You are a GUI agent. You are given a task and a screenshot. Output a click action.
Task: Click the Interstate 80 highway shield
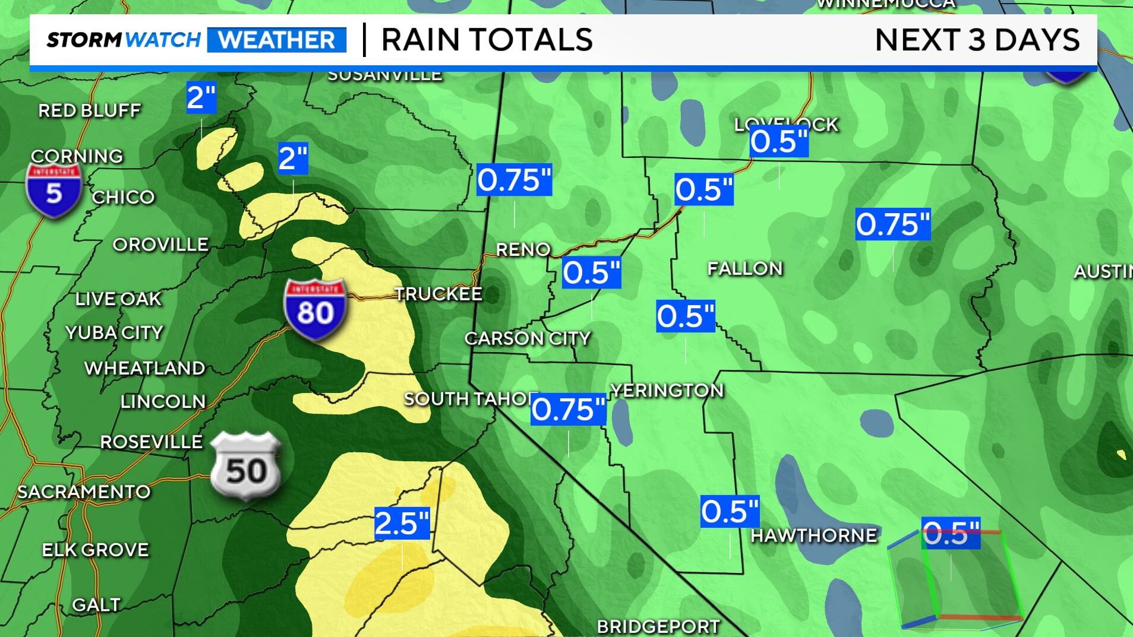coord(315,309)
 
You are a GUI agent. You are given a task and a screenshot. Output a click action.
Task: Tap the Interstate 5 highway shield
coord(53,190)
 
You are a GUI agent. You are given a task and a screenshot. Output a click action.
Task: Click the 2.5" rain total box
coord(402,523)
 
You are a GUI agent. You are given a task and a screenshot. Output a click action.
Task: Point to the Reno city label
coord(523,249)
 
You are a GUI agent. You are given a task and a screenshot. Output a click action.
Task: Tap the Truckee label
coord(438,294)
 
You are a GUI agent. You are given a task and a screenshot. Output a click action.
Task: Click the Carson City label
coord(528,338)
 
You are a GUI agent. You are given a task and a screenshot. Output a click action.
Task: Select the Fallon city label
coord(745,268)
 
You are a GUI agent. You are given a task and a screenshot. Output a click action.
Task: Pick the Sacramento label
coord(84,492)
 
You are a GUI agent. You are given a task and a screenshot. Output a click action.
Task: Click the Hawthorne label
coord(814,535)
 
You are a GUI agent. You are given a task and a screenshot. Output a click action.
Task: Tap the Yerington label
coord(667,390)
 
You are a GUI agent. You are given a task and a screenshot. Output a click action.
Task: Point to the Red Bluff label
coord(90,110)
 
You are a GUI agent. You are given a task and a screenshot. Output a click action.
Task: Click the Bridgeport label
coord(658,626)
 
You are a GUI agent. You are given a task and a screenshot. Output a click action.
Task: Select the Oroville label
coord(160,245)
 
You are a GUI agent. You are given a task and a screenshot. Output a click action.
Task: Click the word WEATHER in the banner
coord(277,40)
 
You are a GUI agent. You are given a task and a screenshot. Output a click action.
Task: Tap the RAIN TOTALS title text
coord(487,40)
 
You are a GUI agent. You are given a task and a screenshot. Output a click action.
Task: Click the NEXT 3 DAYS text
coord(977,40)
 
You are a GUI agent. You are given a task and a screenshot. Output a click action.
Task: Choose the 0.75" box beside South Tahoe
coord(569,409)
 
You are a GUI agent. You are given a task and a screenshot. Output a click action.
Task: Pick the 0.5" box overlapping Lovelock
coord(779,142)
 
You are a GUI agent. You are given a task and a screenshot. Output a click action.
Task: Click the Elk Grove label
coord(96,550)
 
